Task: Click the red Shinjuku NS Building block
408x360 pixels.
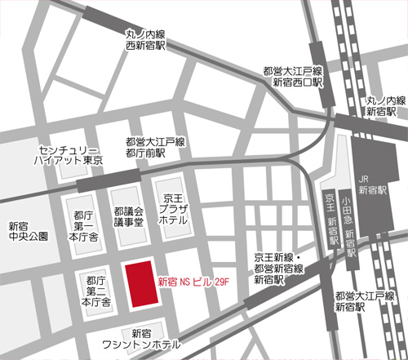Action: [x=139, y=286]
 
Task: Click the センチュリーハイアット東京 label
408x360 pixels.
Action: [x=69, y=156]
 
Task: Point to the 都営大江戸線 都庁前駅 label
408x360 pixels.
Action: [x=154, y=147]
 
